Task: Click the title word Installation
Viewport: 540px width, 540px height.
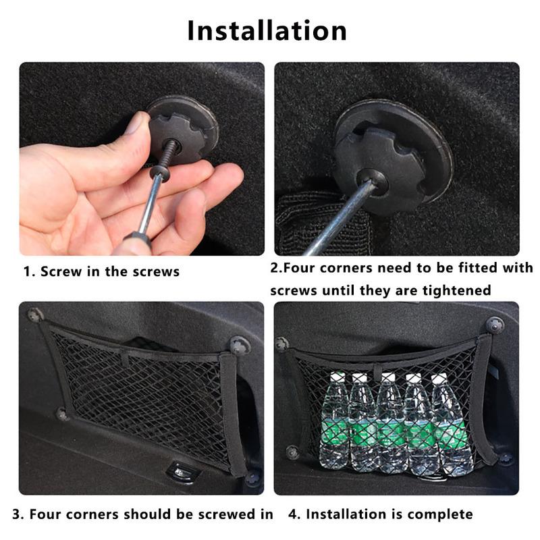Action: [x=267, y=30]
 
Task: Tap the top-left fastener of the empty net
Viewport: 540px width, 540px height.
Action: [x=36, y=315]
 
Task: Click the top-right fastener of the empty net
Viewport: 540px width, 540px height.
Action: [x=240, y=346]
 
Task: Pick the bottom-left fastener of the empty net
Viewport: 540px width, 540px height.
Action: [x=62, y=414]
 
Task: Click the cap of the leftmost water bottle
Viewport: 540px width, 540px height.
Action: [x=337, y=376]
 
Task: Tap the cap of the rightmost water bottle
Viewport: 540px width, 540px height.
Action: [x=439, y=378]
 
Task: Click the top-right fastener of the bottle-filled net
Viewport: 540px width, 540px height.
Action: [x=495, y=325]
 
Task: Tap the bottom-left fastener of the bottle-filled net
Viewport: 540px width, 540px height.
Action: [x=292, y=452]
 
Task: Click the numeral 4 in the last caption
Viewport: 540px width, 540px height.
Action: [x=293, y=514]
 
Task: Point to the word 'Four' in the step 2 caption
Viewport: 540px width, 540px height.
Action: [x=298, y=267]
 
